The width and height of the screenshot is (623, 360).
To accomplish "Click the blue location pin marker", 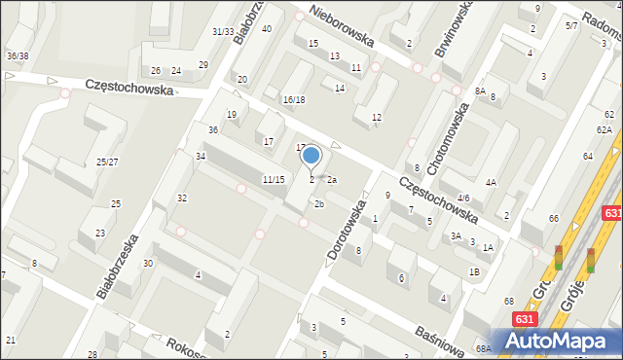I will point(311,155).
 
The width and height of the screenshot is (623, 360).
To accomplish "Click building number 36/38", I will point(17,56).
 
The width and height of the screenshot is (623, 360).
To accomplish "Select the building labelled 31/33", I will point(223,32).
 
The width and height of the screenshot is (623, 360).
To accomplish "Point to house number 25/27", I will point(107,162).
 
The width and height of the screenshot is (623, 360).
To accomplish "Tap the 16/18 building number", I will point(294,100).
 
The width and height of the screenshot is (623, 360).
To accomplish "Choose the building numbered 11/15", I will point(274,180).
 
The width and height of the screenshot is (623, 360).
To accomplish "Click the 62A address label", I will point(605,129).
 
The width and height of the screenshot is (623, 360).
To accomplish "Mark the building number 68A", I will point(484,348).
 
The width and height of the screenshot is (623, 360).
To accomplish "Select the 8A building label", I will point(480,90).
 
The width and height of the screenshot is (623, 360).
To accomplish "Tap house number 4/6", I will point(463,198).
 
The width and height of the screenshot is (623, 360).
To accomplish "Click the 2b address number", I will point(318,203).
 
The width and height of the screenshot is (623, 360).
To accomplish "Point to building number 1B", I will point(474,271).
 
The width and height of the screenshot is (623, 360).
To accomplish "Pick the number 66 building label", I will point(553,219).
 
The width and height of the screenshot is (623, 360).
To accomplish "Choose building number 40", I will point(266,29).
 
